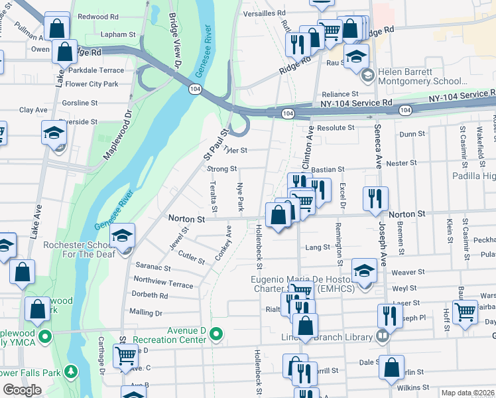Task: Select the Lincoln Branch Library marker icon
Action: click(x=382, y=337)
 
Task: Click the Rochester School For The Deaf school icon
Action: click(x=123, y=236)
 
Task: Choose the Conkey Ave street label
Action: click(x=223, y=243)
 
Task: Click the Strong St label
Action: click(x=221, y=169)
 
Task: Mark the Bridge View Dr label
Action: click(x=175, y=40)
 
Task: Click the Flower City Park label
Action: click(x=92, y=84)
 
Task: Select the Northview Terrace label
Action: click(x=163, y=283)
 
